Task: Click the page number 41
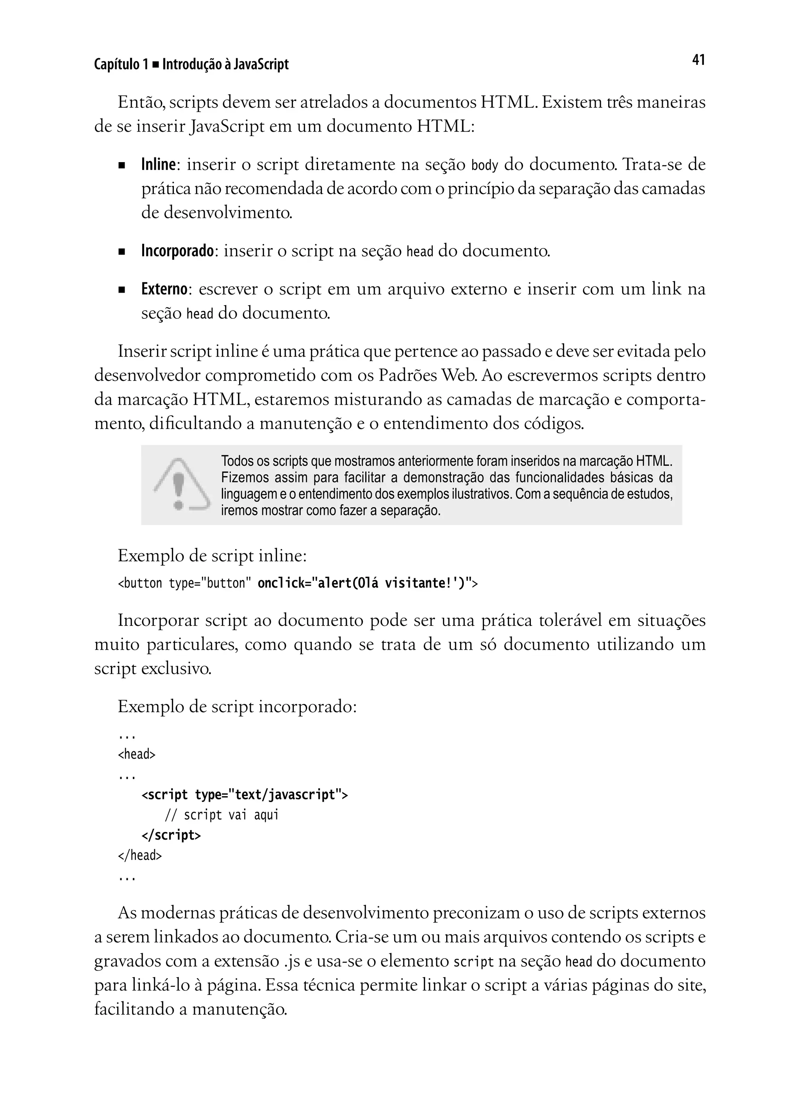[x=698, y=60]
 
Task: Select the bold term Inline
[x=158, y=164]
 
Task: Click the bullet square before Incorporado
[x=121, y=252]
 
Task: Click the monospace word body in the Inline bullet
[x=485, y=165]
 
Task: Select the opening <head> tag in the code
[x=136, y=754]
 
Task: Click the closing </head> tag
[x=139, y=855]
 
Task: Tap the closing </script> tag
[x=171, y=835]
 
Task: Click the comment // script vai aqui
[x=222, y=815]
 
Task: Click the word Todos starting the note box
[x=234, y=461]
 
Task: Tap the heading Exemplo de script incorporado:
[x=237, y=706]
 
